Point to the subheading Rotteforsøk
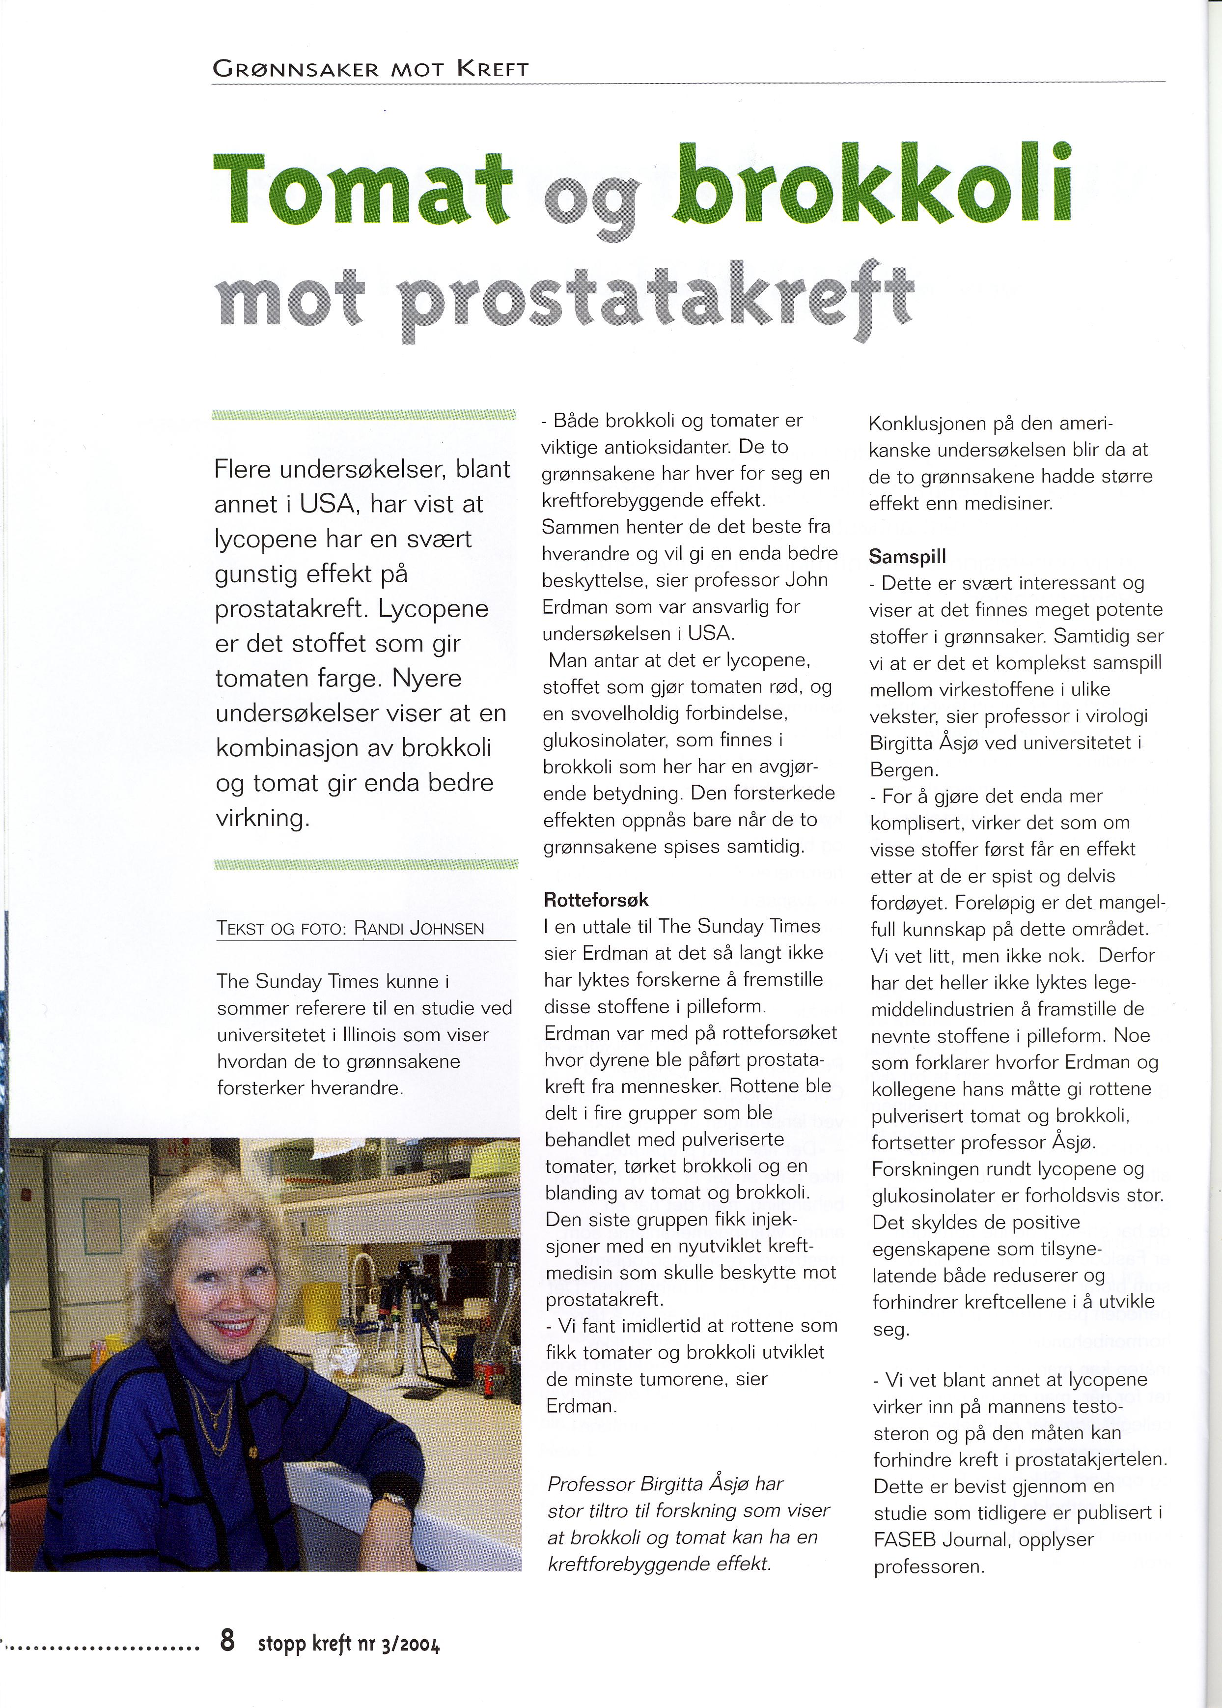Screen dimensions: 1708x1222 (595, 900)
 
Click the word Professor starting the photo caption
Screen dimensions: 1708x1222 (591, 1483)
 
